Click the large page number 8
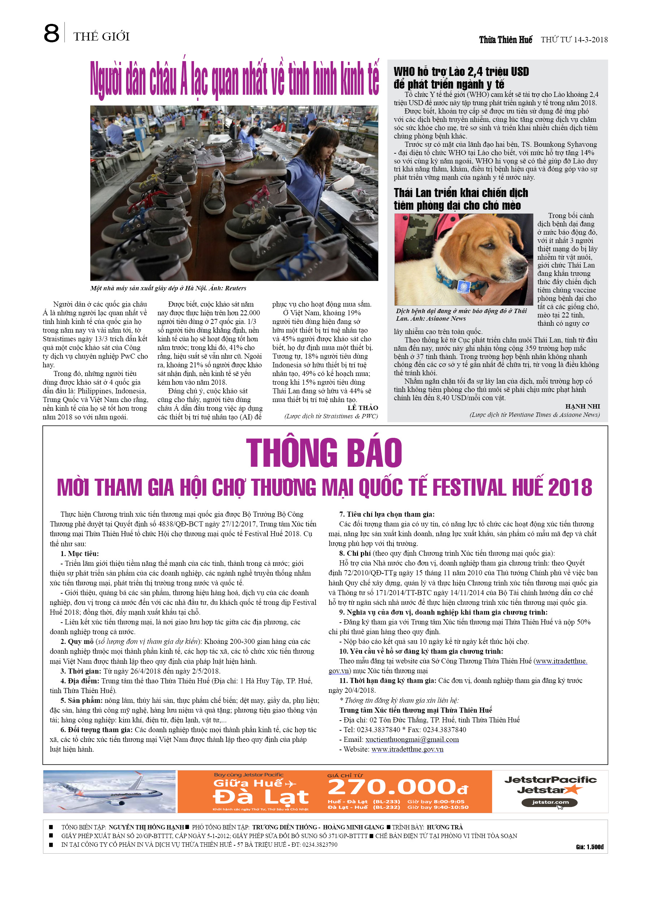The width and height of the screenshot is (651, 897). click(51, 34)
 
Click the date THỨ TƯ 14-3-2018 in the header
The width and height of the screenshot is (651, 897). click(574, 39)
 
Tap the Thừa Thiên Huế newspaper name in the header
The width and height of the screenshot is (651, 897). click(505, 39)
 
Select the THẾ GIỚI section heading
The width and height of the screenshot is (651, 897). click(101, 37)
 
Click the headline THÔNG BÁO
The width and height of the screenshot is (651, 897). click(324, 453)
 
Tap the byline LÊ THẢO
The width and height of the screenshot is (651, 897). click(362, 408)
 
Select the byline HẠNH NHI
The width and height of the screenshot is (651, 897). click(582, 406)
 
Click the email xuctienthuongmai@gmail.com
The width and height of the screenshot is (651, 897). click(412, 740)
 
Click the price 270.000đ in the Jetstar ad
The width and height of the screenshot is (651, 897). click(397, 788)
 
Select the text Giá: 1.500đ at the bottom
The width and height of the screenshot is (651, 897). click(589, 847)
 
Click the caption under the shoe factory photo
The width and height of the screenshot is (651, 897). click(168, 288)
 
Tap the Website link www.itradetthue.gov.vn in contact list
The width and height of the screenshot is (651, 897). click(407, 749)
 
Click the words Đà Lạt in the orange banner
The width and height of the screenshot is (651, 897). click(260, 797)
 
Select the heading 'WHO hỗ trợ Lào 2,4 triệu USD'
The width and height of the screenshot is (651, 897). click(461, 72)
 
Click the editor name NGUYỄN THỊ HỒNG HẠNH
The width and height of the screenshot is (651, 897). click(146, 827)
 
